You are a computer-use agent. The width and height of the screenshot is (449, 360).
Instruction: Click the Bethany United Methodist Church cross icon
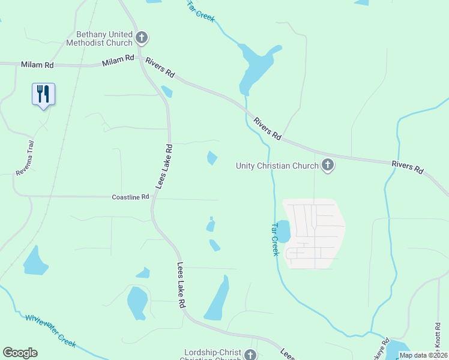pos(142,38)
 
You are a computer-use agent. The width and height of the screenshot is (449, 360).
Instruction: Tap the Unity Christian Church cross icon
pos(328,165)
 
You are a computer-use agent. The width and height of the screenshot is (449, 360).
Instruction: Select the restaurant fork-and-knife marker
pos(43,95)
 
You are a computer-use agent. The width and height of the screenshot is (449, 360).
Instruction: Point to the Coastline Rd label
pos(130,197)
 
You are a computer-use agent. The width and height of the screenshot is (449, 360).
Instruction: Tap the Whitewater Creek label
pos(50,329)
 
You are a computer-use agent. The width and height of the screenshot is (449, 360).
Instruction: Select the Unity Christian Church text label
pos(277,166)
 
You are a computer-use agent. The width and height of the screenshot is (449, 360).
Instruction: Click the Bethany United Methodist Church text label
pos(104,39)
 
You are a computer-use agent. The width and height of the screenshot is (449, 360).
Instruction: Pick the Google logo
pos(20,353)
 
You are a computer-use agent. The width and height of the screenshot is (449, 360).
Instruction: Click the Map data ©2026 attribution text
pos(423,355)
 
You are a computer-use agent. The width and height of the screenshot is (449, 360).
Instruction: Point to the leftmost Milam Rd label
pos(37,64)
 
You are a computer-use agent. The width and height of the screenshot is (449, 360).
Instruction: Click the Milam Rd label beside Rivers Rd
pos(118,60)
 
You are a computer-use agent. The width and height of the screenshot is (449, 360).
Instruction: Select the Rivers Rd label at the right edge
pos(407,167)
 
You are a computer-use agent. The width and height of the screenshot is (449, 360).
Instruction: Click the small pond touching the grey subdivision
pos(283,231)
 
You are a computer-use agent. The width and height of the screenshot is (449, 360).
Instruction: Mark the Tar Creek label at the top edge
pos(200,11)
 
